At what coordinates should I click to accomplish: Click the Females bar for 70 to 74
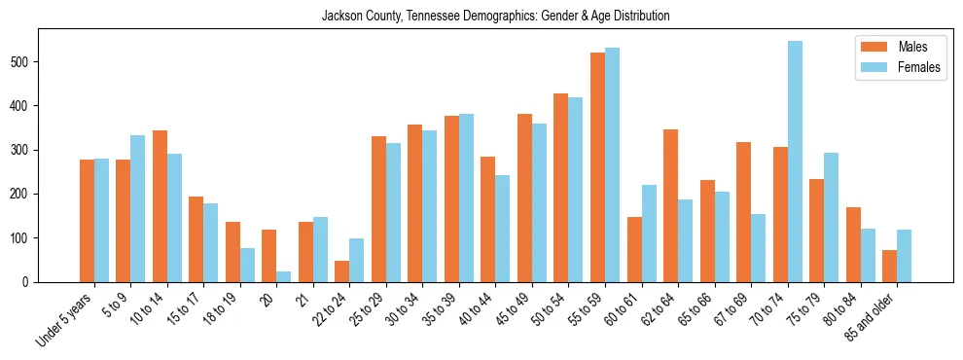795,162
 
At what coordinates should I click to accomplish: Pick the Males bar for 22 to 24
342,271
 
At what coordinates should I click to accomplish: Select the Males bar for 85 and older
889,266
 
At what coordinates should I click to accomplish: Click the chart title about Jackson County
495,17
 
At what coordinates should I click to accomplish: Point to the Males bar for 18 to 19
232,252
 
